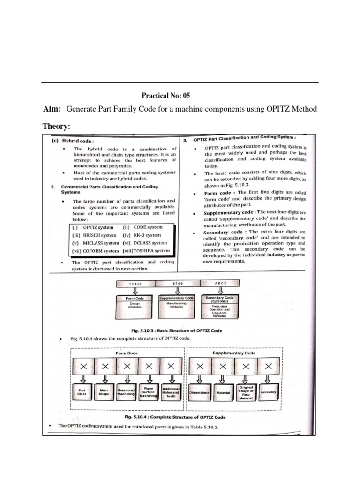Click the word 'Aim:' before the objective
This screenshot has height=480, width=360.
52,109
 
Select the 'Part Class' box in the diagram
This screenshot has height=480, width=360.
82,392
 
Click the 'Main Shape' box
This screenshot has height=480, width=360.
104,392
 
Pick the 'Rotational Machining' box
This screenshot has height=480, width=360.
127,392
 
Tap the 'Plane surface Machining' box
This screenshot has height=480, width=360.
149,392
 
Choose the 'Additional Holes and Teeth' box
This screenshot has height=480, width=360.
171,392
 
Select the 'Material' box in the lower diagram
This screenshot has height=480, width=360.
223,392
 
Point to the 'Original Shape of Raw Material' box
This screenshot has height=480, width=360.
246,392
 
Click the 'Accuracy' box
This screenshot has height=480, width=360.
269,392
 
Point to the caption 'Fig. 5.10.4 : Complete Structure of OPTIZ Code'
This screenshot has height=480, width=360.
179,417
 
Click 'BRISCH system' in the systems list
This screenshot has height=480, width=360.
94,235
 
